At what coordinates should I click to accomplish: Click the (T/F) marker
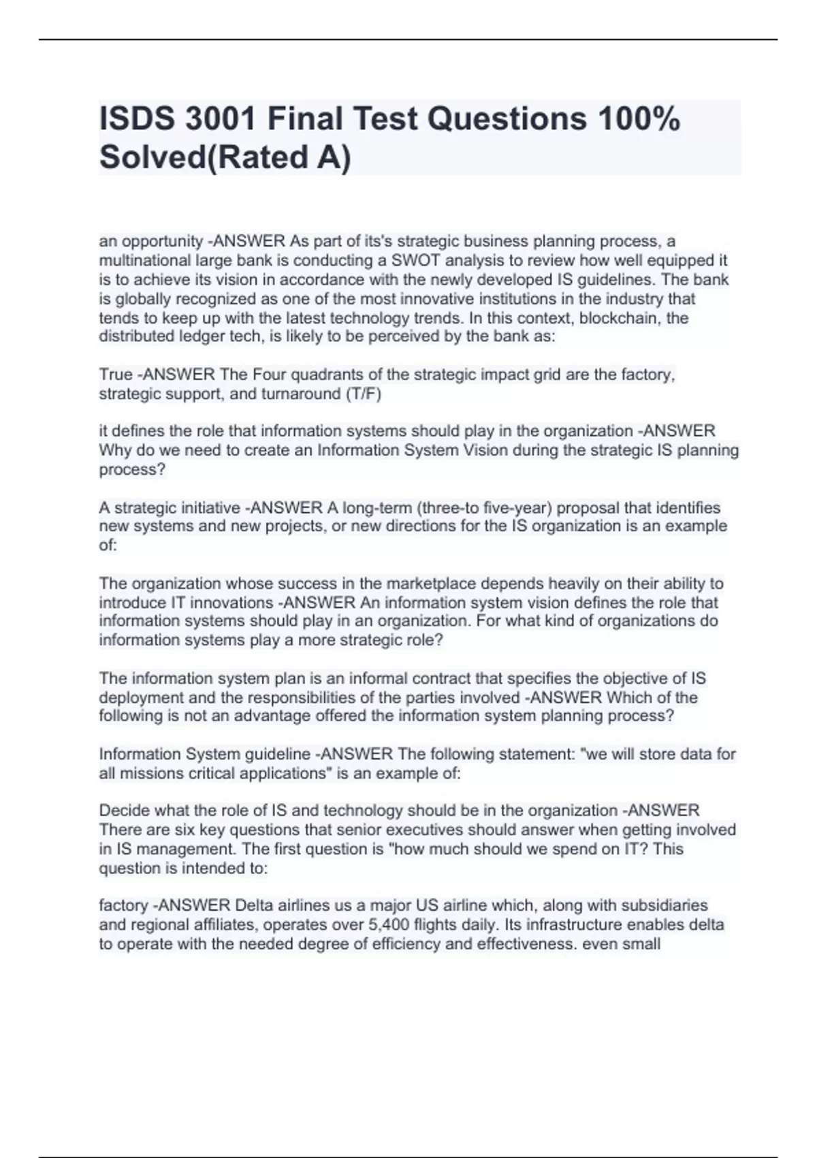364,394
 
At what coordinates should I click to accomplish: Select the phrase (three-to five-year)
485,508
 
